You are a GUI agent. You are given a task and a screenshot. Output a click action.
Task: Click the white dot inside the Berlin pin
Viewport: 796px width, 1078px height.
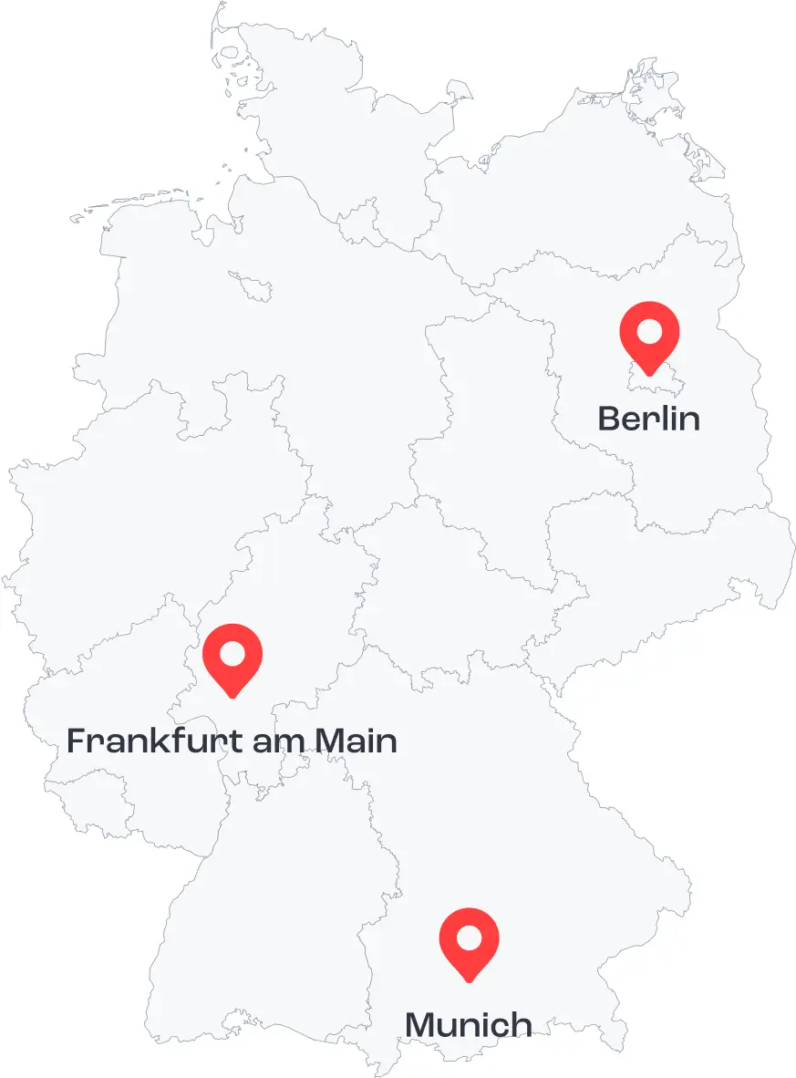coord(649,330)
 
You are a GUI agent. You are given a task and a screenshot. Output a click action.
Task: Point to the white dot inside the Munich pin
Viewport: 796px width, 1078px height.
coord(469,937)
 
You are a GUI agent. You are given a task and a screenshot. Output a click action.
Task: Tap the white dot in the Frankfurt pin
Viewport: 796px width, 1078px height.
coord(232,653)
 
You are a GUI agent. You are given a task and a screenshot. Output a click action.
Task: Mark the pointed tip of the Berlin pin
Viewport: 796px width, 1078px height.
coord(649,374)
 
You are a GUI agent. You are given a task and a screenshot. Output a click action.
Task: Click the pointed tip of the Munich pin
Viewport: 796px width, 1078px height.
coord(469,980)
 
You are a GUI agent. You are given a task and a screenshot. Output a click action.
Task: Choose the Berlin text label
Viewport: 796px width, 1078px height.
coord(649,419)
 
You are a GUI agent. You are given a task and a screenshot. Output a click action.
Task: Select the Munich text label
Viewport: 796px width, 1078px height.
coord(469,1024)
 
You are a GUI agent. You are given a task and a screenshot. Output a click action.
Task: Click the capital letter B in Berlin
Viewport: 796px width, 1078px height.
coord(609,419)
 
